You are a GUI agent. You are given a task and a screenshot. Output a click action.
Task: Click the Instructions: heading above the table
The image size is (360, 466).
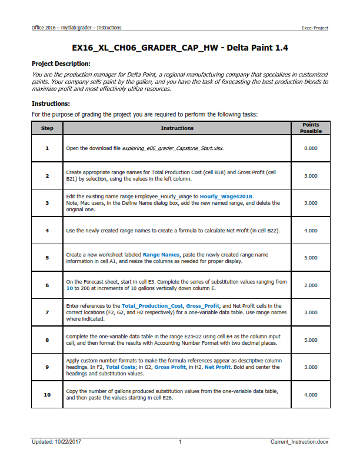coord(51,104)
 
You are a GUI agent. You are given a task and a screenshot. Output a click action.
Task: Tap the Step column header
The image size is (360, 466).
coord(46,128)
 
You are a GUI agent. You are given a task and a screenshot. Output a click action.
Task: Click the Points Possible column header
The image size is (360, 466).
coord(311,128)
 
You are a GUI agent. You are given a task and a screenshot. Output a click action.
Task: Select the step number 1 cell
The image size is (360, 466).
coord(46,148)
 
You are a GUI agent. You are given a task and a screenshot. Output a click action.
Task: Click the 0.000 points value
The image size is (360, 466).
coord(311,148)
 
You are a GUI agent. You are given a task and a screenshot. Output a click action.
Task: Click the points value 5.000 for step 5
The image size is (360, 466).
coord(311,258)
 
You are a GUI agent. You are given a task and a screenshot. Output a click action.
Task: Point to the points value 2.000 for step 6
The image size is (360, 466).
coord(311,285)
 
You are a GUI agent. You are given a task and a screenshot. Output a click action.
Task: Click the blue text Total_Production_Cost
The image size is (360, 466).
coord(152,306)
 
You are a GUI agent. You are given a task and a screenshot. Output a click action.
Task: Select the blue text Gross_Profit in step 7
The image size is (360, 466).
coord(202,306)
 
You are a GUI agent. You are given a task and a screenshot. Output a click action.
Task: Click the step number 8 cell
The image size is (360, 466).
coord(46,339)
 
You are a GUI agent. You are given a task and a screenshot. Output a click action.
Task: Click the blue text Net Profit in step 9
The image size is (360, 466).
coord(218,367)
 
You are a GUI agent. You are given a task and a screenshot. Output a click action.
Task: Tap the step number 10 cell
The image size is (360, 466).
coord(46,395)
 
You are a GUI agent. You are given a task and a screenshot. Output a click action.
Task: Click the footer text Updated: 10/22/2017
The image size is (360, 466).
coord(57,442)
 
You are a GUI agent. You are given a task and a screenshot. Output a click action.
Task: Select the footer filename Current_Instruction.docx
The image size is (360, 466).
coord(299,442)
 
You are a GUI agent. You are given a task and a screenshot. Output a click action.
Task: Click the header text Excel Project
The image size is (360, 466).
coord(315,28)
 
